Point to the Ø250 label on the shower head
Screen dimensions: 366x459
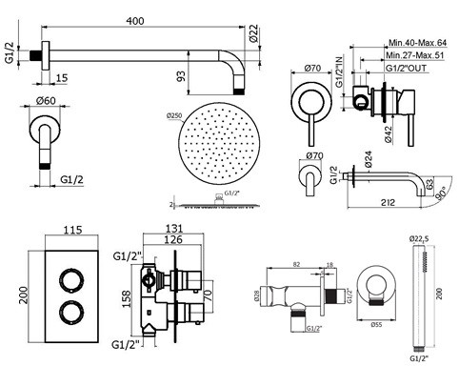(x=176, y=117)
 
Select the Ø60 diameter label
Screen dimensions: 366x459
(x=42, y=98)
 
